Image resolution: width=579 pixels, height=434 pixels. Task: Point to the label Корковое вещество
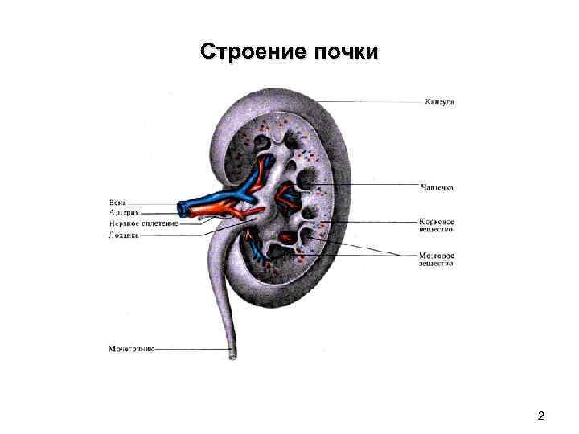click(x=437, y=223)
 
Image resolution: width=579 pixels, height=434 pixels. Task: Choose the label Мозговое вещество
click(x=437, y=259)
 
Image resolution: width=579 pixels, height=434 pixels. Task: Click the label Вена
click(x=117, y=203)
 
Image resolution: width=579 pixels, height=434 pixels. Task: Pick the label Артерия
click(x=124, y=213)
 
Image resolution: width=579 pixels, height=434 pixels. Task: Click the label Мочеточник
click(x=131, y=349)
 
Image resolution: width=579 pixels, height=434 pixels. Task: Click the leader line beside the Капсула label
click(x=370, y=102)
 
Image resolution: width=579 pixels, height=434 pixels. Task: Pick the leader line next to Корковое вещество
click(x=378, y=221)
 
